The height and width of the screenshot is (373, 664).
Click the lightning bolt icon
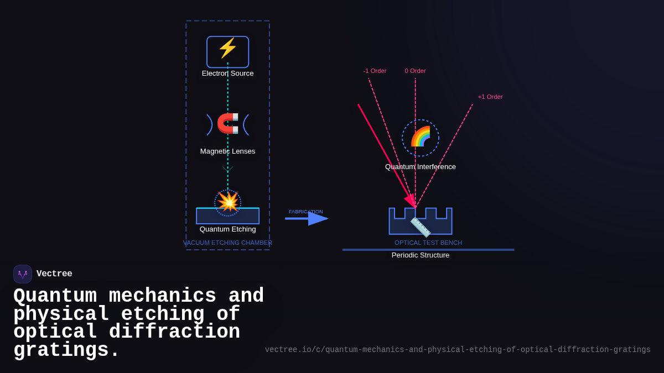[x=227, y=48]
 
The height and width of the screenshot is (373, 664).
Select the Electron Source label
[x=227, y=73]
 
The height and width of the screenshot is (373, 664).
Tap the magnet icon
[x=227, y=123]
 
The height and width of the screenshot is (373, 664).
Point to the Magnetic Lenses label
[x=227, y=151]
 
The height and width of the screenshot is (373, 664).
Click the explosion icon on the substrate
[x=227, y=202]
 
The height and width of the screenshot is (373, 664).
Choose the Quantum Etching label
[x=227, y=229]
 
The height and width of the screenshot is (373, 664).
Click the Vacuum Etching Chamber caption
[x=227, y=243]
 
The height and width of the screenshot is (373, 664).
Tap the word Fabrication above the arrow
[x=305, y=212]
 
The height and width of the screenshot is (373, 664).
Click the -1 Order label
[x=375, y=71]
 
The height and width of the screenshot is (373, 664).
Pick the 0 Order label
[x=415, y=71]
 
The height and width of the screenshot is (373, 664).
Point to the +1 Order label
[x=490, y=97]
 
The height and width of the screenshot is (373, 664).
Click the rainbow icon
[x=421, y=136]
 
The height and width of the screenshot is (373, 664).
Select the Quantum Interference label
[x=421, y=167]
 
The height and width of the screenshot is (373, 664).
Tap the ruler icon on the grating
[x=421, y=227]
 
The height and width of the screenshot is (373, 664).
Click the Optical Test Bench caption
[x=428, y=243]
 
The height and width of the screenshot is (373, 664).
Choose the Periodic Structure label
[x=421, y=255]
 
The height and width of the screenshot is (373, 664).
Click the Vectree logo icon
[x=23, y=274]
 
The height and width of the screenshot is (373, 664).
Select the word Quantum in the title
[x=55, y=296]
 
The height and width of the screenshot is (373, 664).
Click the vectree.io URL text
[x=458, y=350]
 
